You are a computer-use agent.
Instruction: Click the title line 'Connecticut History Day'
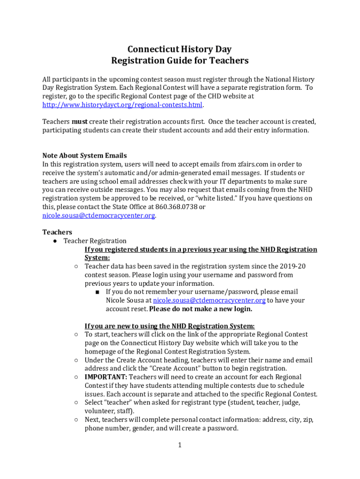[180, 50]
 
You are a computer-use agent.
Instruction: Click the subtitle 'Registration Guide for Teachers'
[180, 61]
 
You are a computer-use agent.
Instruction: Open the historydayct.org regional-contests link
[122, 104]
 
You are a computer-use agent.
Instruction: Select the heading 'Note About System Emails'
[85, 155]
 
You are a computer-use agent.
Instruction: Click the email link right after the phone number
[99, 215]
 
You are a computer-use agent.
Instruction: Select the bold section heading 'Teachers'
[57, 232]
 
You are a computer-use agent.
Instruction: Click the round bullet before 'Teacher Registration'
[55, 241]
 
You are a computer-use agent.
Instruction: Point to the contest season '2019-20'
[293, 266]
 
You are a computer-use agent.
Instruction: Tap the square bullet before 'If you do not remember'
[97, 292]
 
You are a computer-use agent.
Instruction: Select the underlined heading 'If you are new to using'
[170, 326]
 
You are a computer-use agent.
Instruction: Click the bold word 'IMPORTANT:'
[106, 377]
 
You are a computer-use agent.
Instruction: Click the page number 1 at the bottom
[179, 445]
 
